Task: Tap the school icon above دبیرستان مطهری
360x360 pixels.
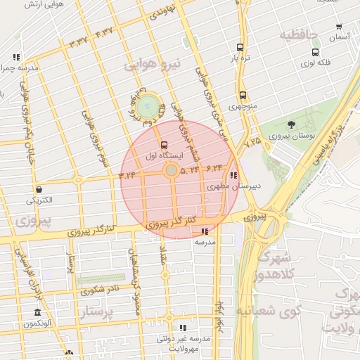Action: pos(233,176)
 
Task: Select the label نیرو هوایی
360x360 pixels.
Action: pos(153,64)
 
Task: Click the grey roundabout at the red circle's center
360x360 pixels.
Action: pos(172,170)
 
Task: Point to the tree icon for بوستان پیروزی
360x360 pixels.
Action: pos(291,124)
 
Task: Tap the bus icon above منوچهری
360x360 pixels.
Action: pos(243,95)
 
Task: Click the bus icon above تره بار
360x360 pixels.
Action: pos(240,48)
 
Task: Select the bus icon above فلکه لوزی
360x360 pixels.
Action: pos(315,51)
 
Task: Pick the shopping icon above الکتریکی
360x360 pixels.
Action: pos(38,188)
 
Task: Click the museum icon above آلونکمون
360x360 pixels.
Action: pos(37,312)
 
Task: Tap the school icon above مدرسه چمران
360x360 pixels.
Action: pos(16,57)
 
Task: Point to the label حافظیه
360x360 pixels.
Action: pos(299,34)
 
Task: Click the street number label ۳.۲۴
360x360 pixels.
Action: pos(128,176)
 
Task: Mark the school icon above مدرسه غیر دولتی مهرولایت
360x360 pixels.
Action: pos(183,328)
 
